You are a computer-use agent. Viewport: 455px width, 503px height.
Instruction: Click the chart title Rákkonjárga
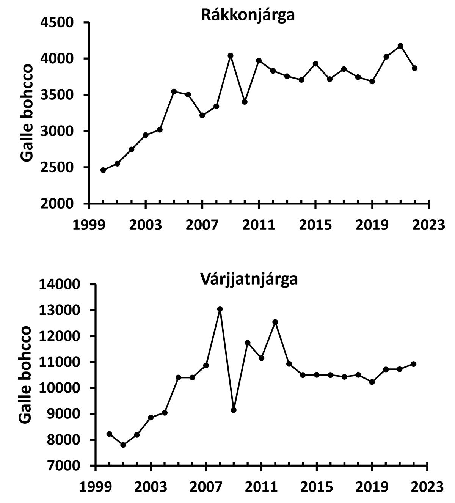click(248, 15)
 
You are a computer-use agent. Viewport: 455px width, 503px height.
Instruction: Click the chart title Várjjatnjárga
click(249, 279)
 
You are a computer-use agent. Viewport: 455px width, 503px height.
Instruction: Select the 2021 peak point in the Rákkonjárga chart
click(400, 46)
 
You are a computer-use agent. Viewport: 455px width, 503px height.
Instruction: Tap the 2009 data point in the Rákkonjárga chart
click(230, 56)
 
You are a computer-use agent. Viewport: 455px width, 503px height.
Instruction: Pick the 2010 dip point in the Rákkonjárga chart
click(245, 102)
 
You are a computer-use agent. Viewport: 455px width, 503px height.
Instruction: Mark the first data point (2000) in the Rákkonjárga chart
click(103, 170)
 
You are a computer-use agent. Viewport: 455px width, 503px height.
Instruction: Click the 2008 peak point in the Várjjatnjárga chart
click(220, 309)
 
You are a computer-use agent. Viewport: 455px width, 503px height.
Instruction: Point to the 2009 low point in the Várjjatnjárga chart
click(234, 410)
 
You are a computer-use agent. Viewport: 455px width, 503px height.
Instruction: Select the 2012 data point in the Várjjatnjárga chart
click(275, 322)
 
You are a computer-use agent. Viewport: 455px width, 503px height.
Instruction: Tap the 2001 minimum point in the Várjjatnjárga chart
click(123, 445)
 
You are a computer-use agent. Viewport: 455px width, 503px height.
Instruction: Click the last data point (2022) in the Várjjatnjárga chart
click(414, 364)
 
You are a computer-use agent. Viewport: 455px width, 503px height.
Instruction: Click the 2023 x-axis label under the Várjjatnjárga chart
click(427, 487)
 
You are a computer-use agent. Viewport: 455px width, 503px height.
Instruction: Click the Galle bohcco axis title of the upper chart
click(27, 113)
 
